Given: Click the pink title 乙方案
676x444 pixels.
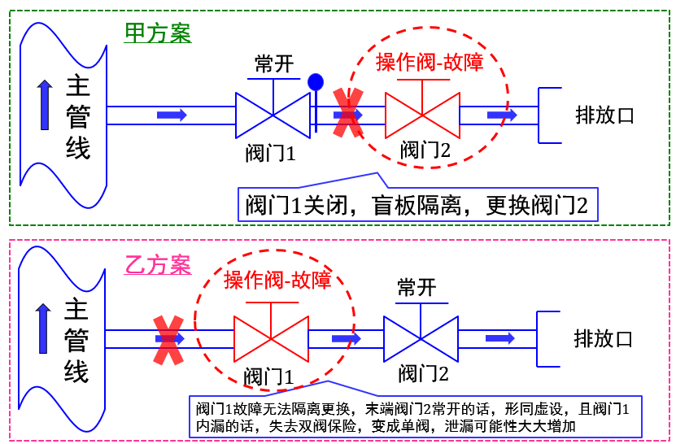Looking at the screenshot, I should coord(158,265).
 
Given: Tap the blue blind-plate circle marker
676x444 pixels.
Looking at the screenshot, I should coord(316,82).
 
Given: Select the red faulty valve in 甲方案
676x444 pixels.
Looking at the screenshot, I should coord(422,115).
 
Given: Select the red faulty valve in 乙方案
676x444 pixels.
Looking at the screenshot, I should coord(270,338).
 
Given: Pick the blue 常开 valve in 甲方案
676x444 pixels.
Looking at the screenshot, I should coord(273,115).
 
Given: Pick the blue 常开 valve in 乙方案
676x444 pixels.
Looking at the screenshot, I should coord(421,338).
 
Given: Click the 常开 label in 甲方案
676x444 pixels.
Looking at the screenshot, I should coord(273,64).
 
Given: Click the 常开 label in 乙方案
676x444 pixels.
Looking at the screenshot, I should coord(417,287).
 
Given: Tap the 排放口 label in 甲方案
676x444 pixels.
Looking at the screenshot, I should coord(604,115).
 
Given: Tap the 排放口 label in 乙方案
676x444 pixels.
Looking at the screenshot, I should coord(603,338).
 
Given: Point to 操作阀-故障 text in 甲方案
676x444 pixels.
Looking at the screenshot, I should coord(430,62).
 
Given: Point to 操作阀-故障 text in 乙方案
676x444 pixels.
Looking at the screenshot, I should coord(277,281).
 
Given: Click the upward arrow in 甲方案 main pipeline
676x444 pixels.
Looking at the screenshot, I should coord(45,105).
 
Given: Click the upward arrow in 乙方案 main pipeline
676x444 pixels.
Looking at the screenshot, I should coord(43,329).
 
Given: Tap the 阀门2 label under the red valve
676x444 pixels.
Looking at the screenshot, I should coord(425,150).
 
